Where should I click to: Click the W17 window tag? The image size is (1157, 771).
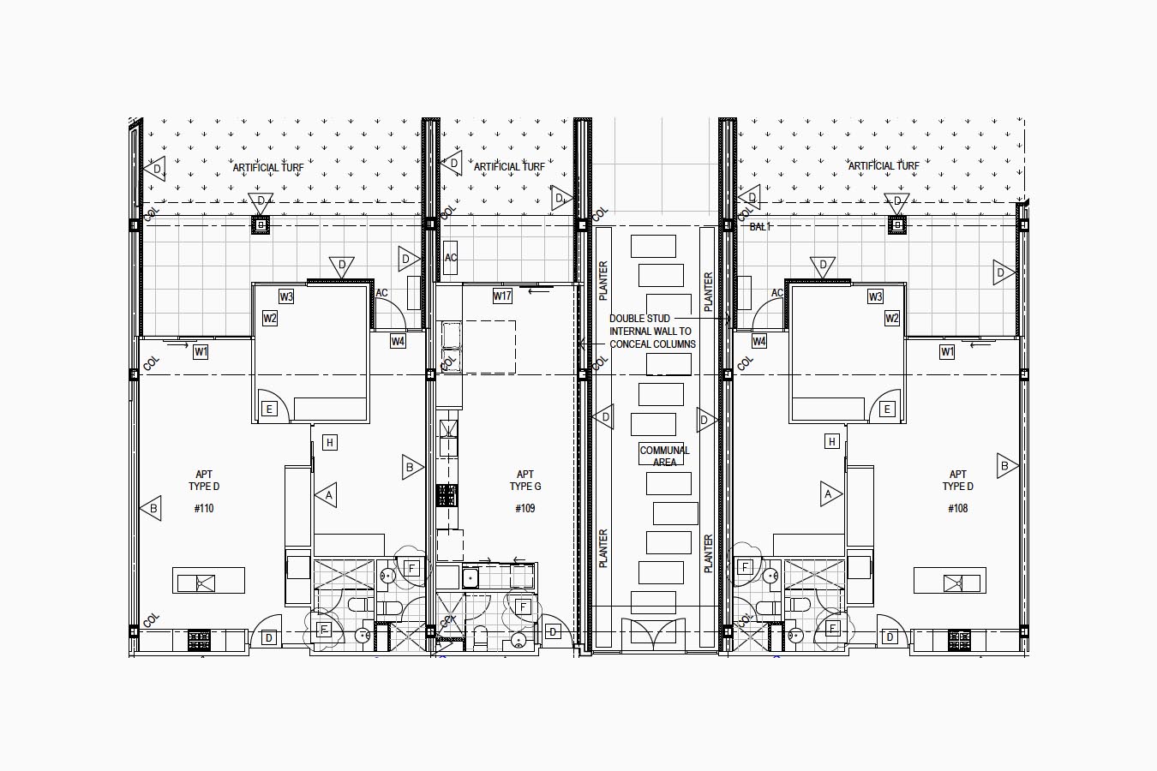502,296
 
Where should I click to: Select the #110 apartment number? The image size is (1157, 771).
204,509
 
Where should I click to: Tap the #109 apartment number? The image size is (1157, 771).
525,509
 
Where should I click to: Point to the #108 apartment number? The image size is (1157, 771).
957,509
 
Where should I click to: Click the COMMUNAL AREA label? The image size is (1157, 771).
664,456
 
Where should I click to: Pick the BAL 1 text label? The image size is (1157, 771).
760,227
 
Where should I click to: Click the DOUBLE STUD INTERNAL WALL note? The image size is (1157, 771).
652,331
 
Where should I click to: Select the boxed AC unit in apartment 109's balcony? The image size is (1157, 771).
451,257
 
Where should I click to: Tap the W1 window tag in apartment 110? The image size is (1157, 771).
201,352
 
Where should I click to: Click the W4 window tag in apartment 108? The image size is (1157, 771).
758,341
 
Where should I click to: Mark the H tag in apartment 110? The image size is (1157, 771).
330,443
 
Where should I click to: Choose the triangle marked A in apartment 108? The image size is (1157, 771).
830,494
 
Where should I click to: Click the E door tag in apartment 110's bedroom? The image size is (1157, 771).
269,409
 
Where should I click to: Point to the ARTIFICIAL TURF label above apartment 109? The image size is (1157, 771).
509,167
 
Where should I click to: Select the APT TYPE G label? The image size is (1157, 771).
525,481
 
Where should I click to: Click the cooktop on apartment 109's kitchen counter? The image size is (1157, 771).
447,494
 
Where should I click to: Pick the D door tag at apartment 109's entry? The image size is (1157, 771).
553,631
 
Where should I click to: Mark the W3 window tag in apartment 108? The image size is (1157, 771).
875,296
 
